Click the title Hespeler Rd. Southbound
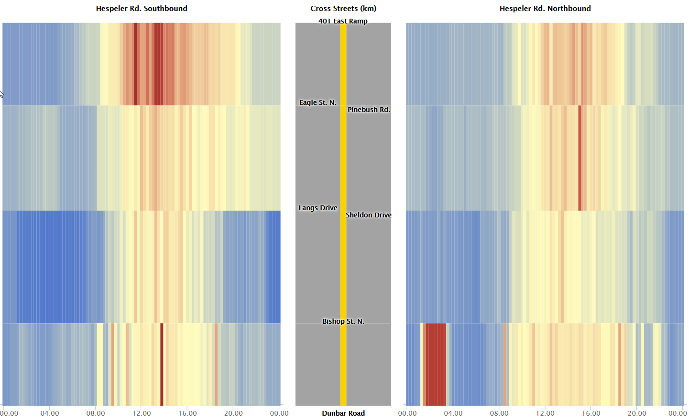pos(142,9)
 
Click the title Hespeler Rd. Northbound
pos(545,9)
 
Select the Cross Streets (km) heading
pos(343,9)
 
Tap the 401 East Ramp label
pos(343,21)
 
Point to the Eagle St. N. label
pos(318,102)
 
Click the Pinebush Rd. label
pos(369,110)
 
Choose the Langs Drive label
pos(318,208)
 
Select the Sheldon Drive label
pos(369,215)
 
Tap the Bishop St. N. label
pos(343,321)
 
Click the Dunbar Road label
pos(343,413)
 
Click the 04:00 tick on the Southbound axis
pos(50,413)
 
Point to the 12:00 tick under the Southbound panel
pos(142,413)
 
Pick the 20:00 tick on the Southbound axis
pos(233,413)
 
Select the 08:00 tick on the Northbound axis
pos(499,413)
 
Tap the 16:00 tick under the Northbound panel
pos(591,413)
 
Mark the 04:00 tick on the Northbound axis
pos(453,413)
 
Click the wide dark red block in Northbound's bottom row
pos(435,364)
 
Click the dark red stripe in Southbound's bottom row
pos(162,364)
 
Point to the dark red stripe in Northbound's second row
pos(580,158)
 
